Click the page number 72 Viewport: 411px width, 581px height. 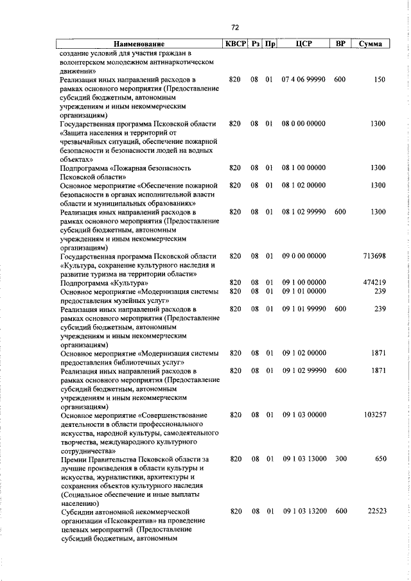234,27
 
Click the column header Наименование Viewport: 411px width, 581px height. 137,44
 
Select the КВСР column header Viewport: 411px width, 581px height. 235,44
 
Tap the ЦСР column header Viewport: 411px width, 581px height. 304,44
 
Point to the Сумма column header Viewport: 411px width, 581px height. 371,44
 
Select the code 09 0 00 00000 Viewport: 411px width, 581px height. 304,256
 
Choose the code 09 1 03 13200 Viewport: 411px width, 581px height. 304,512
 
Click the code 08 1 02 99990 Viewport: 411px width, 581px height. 304,212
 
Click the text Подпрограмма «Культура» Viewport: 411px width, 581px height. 105,283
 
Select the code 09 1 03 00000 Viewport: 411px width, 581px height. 304,415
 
